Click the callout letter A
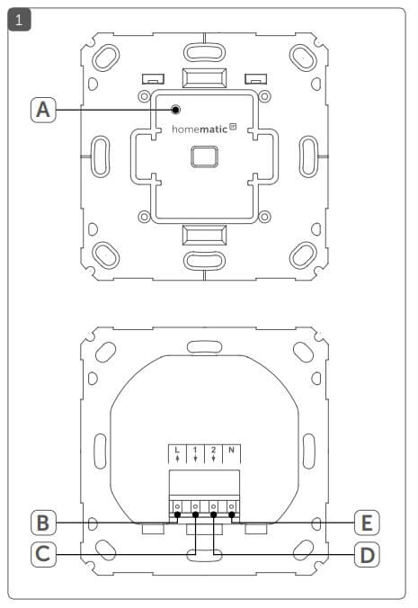click(x=43, y=110)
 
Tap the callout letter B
click(x=43, y=523)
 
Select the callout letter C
click(x=43, y=554)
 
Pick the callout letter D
click(x=368, y=555)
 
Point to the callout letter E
click(x=368, y=523)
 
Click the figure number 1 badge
click(x=19, y=20)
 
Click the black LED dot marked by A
click(x=175, y=110)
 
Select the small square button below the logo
click(x=204, y=156)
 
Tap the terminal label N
click(x=231, y=450)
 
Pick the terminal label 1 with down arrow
click(x=195, y=453)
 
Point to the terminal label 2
click(x=213, y=453)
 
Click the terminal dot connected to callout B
click(x=177, y=514)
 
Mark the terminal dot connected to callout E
click(x=232, y=514)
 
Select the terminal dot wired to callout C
click(x=195, y=514)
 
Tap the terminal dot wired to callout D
click(x=213, y=514)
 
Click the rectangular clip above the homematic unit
click(x=204, y=78)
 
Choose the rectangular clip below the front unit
click(x=204, y=235)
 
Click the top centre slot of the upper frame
click(x=204, y=52)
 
